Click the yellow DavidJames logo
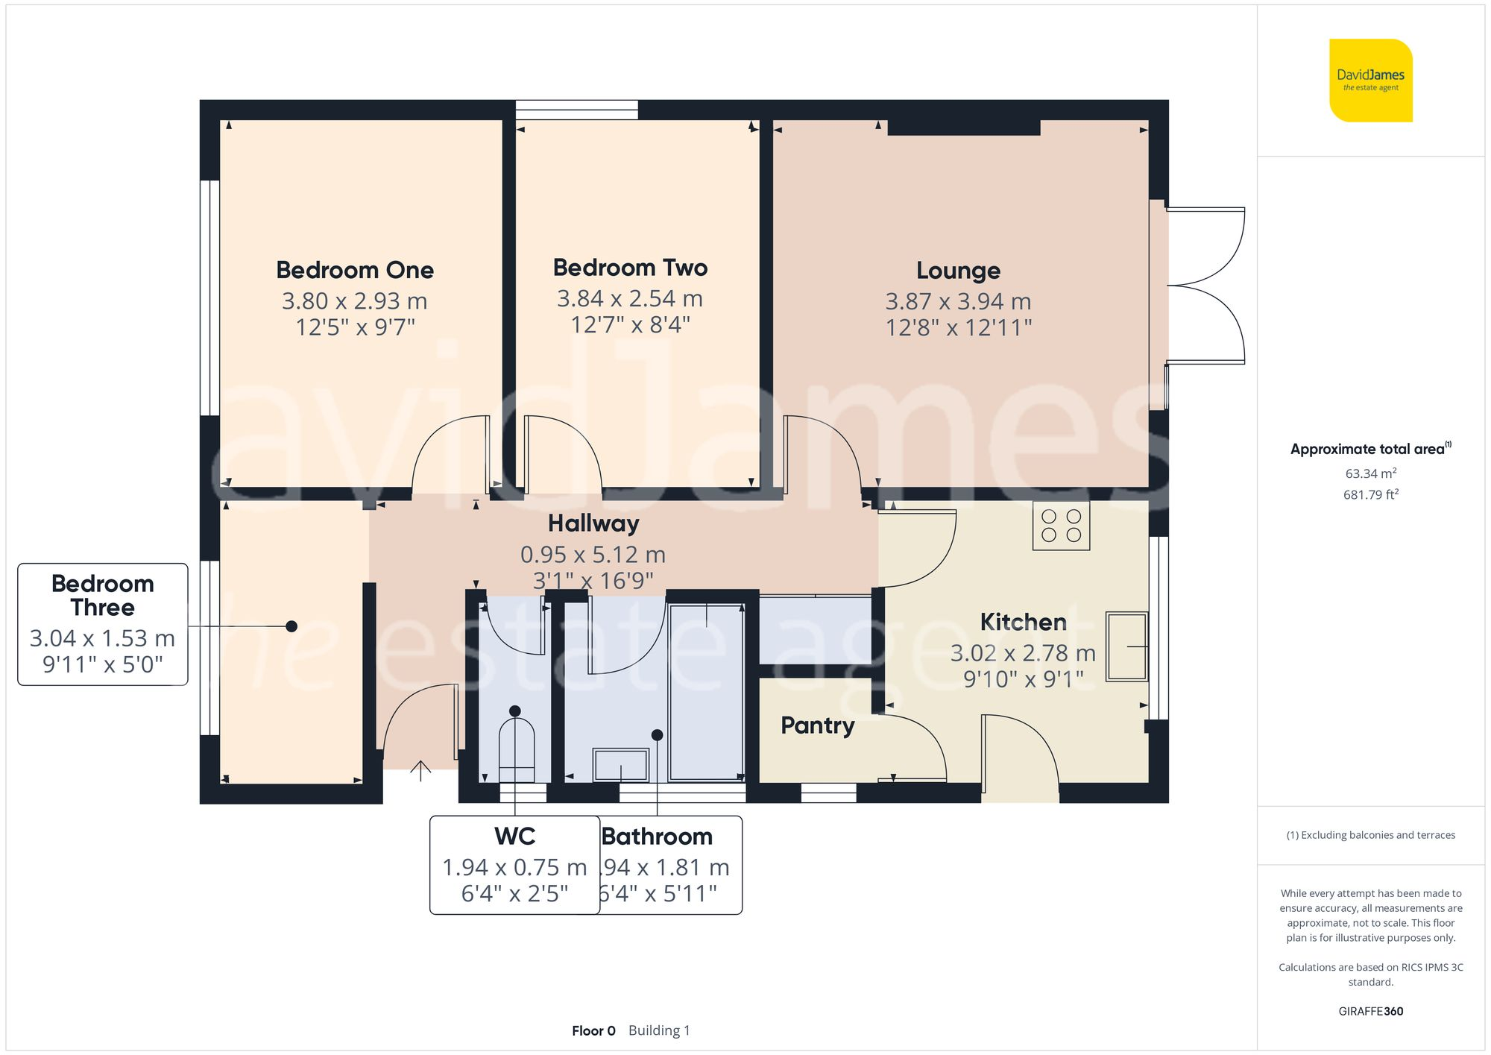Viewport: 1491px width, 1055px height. click(1370, 81)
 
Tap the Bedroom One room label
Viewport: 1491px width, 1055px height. click(355, 270)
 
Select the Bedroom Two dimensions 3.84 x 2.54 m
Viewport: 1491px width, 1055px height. click(630, 299)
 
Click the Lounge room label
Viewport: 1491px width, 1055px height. click(958, 271)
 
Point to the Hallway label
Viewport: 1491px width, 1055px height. click(593, 523)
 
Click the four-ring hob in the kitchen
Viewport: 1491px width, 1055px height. click(1061, 526)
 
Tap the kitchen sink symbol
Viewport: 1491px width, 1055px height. click(1126, 646)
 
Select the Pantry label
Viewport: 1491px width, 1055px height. click(817, 725)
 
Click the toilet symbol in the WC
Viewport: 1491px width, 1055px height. click(517, 743)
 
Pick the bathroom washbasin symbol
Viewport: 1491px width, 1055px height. click(620, 765)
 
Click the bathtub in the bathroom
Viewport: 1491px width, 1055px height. click(706, 692)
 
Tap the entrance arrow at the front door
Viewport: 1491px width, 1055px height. click(420, 770)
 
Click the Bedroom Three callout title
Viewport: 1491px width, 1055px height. click(103, 595)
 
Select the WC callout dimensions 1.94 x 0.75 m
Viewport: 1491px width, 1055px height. click(514, 868)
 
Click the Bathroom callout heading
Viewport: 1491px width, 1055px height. click(657, 837)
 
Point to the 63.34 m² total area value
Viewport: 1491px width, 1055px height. click(1370, 473)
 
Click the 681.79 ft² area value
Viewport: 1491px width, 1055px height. click(1370, 495)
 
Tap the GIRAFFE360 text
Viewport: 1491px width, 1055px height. click(1370, 1012)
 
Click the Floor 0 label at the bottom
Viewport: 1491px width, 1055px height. click(593, 1031)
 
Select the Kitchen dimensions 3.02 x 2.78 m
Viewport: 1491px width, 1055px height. click(1023, 654)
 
